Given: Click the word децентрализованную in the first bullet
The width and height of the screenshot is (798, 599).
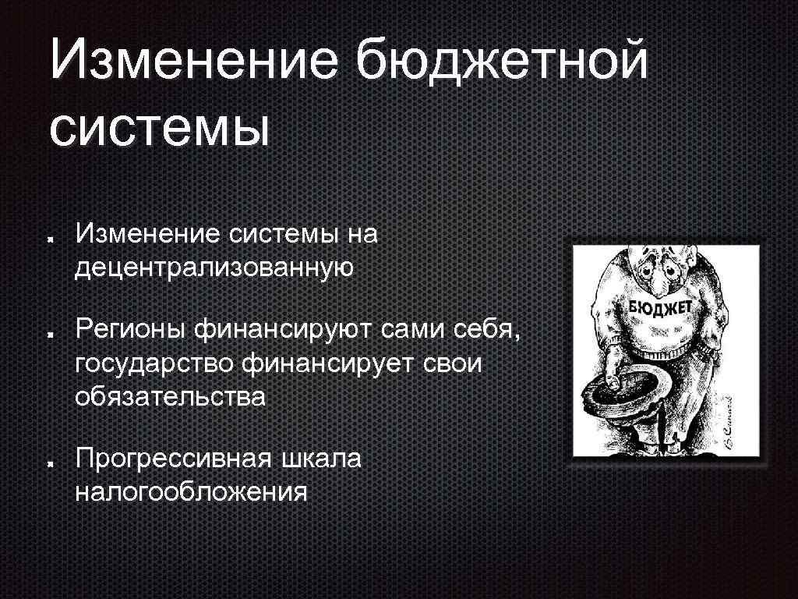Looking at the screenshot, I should (x=215, y=267).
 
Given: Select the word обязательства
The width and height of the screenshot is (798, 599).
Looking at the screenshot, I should (x=171, y=396).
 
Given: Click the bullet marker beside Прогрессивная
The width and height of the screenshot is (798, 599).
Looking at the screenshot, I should (x=49, y=463).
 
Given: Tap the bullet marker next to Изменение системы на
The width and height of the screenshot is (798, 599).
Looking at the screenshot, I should (x=49, y=237).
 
